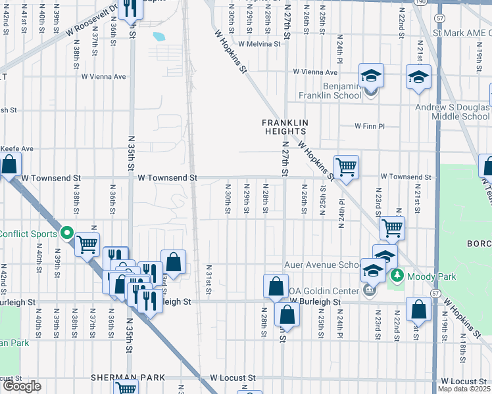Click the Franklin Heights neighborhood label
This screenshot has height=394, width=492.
(285, 127)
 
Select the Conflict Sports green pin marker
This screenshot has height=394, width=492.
(66, 233)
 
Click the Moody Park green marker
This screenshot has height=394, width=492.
(396, 275)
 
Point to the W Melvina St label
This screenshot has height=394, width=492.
(259, 44)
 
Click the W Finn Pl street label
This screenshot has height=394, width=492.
(368, 125)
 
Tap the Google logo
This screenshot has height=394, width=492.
(22, 387)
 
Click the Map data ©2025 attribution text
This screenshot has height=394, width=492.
(464, 389)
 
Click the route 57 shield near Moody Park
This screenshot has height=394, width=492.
(435, 292)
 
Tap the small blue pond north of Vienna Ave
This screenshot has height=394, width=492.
(159, 37)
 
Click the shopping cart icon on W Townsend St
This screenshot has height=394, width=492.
(346, 167)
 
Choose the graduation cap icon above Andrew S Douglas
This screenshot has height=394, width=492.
(418, 77)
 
